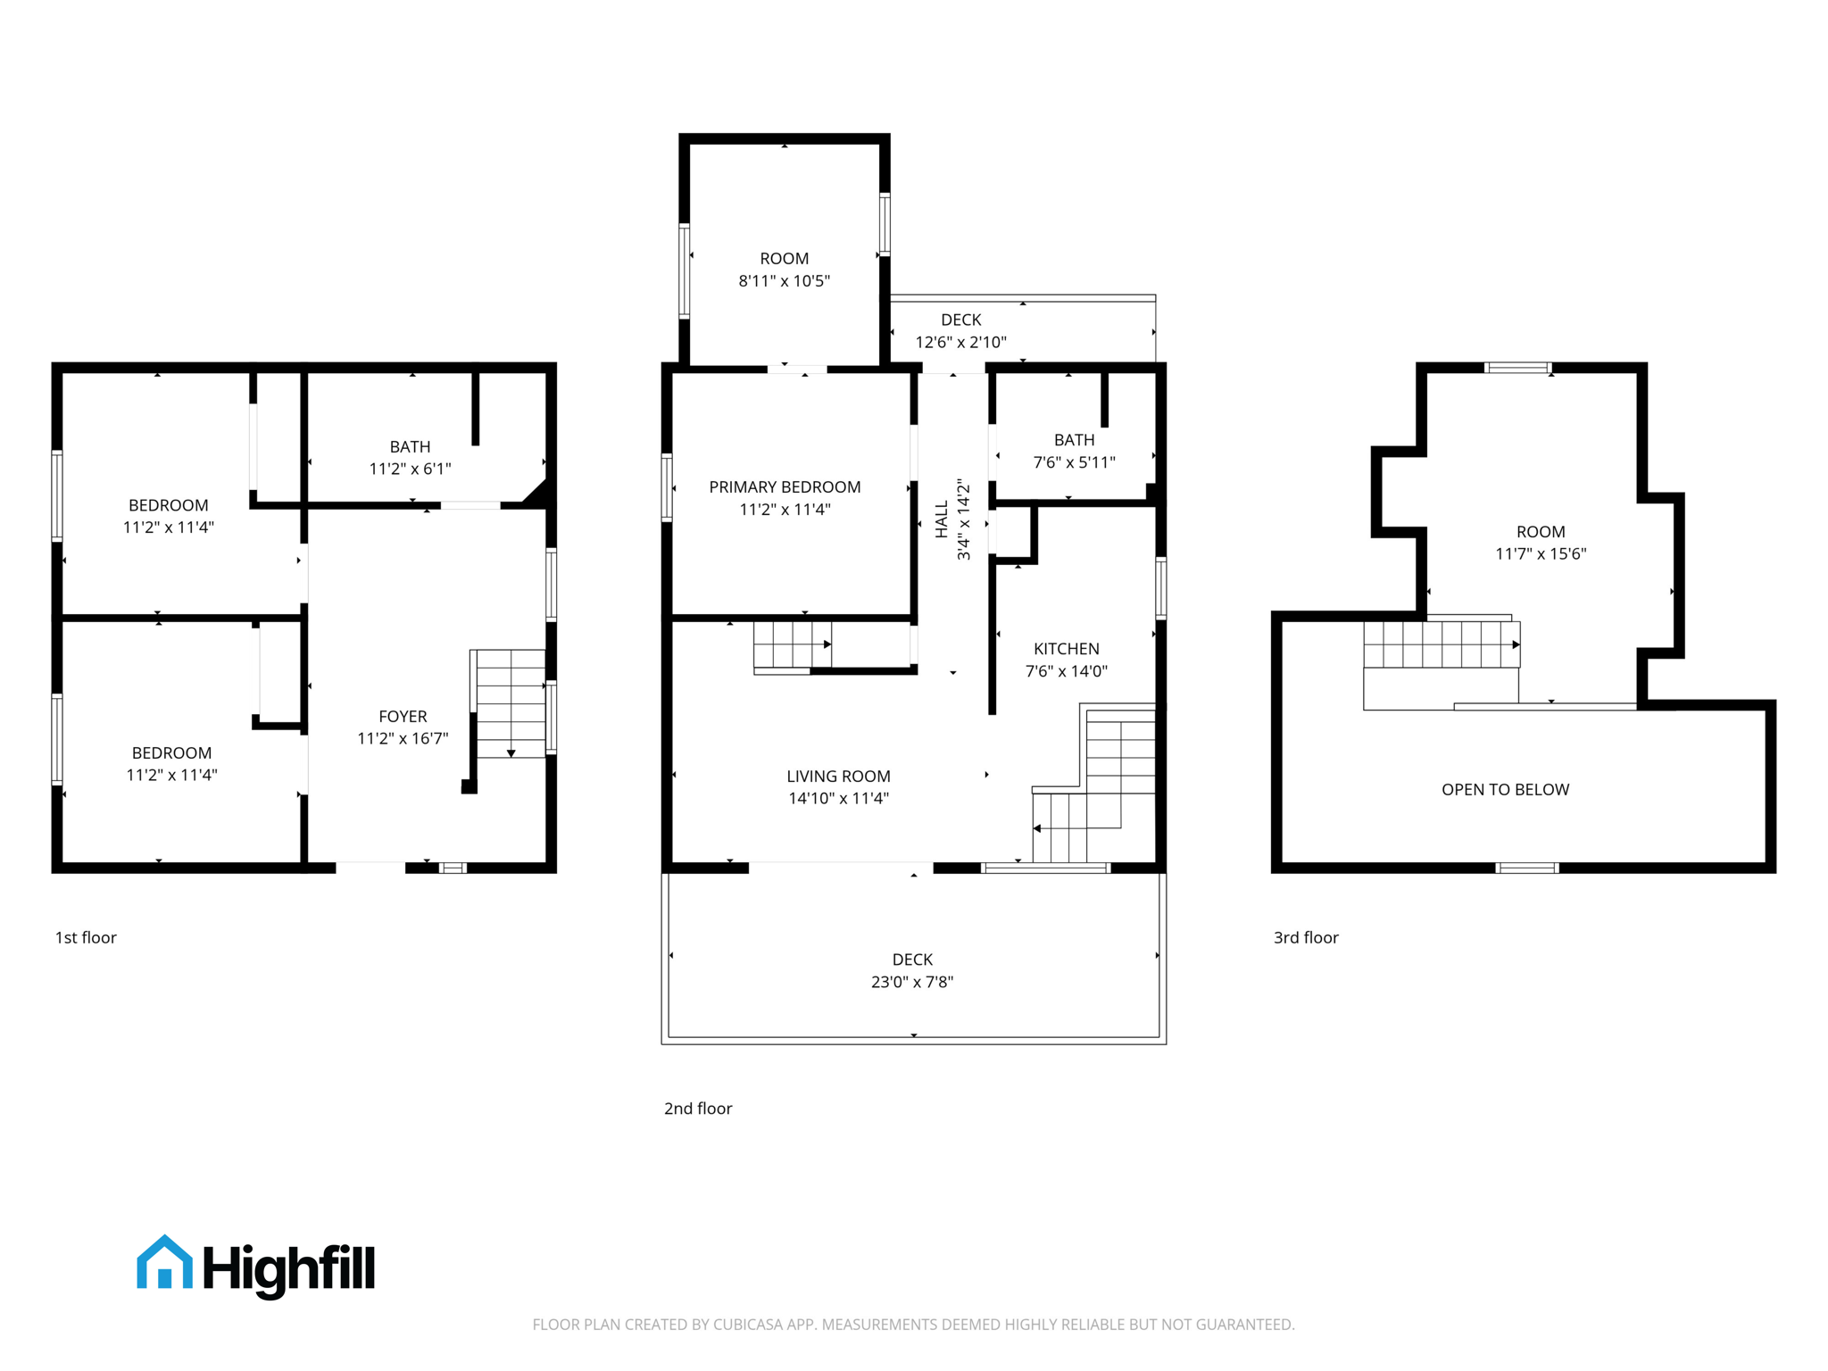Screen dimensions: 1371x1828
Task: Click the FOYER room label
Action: [403, 717]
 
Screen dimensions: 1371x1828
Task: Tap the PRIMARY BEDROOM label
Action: [785, 487]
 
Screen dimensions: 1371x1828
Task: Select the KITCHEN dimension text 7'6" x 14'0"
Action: [1066, 671]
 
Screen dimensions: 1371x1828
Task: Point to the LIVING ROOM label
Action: [838, 777]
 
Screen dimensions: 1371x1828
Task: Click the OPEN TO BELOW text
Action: [1505, 789]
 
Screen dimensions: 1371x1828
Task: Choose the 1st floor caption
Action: [86, 937]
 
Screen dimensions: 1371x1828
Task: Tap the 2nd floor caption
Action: [697, 1109]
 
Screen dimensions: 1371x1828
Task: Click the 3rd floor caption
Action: [1305, 937]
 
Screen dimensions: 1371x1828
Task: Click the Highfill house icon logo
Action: [164, 1262]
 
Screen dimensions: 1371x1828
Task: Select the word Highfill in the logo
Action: [289, 1267]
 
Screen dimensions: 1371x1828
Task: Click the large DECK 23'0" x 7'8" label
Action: [912, 970]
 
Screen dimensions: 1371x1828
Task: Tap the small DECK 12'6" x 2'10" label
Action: [960, 330]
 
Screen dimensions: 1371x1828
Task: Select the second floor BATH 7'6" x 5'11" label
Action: [1074, 451]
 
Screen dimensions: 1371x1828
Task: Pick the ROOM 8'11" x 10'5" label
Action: [784, 270]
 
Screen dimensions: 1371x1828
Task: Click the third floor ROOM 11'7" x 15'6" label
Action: [1541, 542]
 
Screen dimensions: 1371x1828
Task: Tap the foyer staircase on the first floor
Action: [510, 704]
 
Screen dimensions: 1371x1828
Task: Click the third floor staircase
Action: [1441, 644]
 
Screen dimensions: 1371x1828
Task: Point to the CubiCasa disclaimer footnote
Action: [913, 1325]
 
